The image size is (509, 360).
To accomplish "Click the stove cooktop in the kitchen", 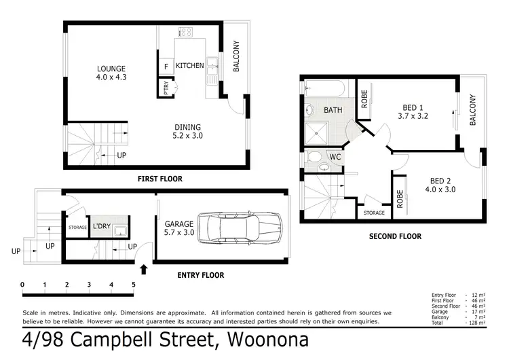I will click(x=185, y=32).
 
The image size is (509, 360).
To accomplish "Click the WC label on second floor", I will click(x=335, y=157).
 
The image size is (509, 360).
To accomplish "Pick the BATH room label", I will click(x=333, y=110).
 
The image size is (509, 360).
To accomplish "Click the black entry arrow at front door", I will click(x=143, y=269).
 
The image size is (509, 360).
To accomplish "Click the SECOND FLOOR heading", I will click(x=395, y=236).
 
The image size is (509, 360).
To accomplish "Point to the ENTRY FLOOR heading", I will click(x=200, y=275).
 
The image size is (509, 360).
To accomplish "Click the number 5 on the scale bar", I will click(x=134, y=284).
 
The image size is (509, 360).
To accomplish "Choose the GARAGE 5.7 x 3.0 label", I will click(x=179, y=228).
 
